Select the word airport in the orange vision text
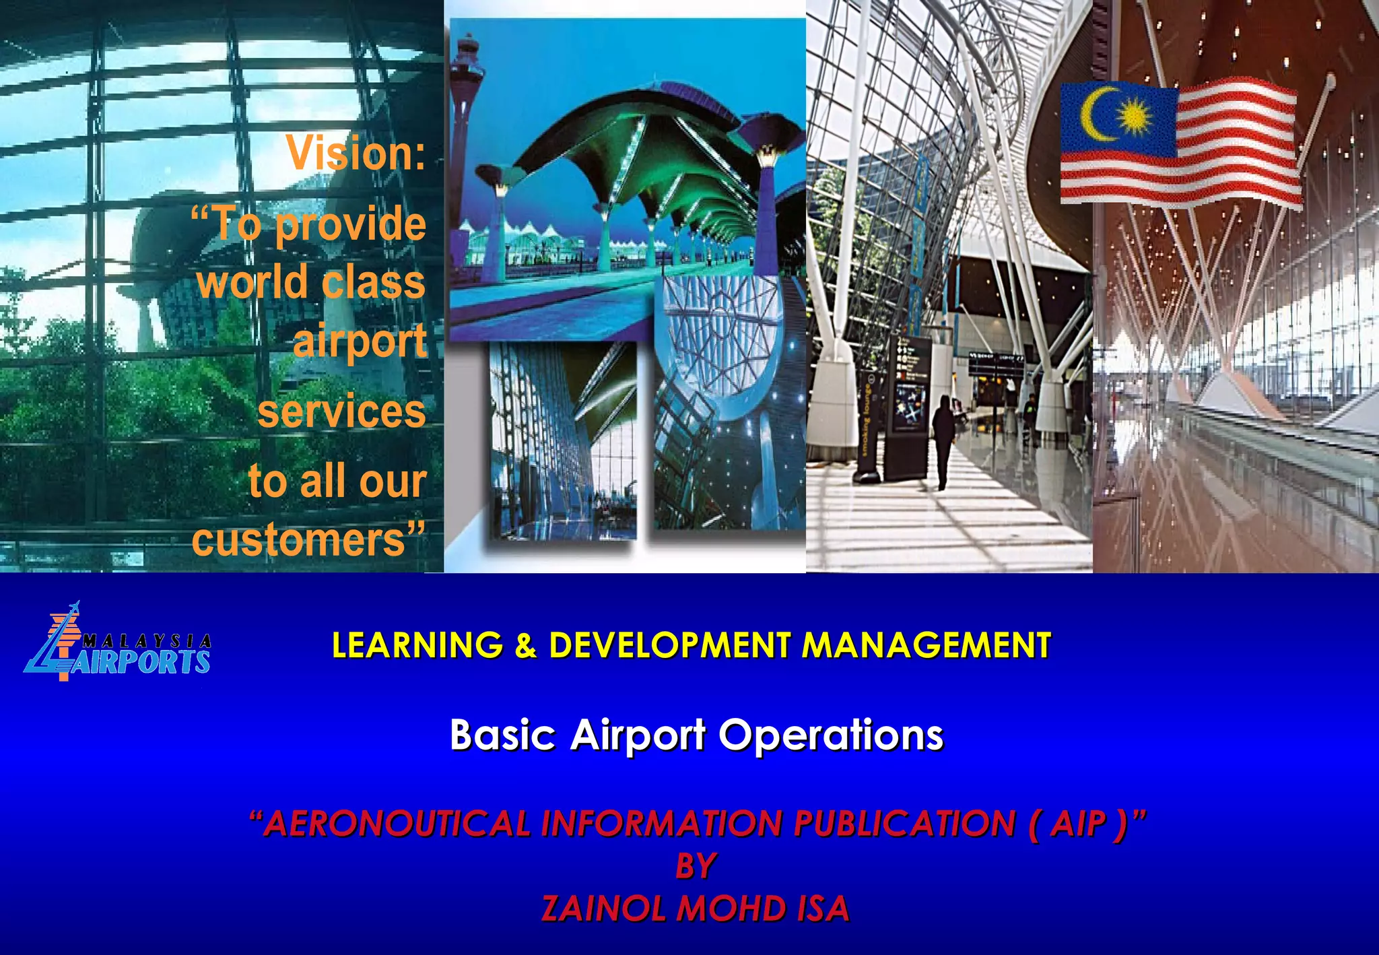tap(360, 342)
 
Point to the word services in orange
tap(341, 411)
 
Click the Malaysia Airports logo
tap(118, 644)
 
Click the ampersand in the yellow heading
tap(526, 645)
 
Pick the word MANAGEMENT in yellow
tap(927, 645)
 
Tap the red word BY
tap(696, 866)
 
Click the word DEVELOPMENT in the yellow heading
tap(669, 645)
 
